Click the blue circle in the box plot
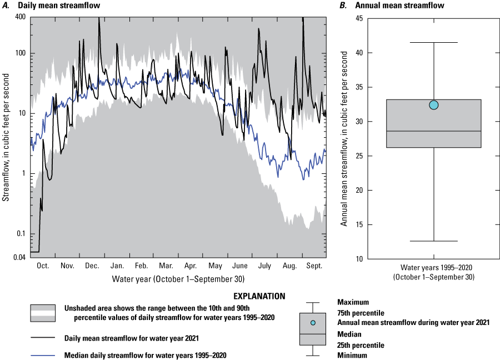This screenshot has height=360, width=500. (x=433, y=105)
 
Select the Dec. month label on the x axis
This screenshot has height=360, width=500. (x=92, y=266)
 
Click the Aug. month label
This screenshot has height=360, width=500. (x=289, y=266)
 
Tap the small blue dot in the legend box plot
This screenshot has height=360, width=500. (x=313, y=323)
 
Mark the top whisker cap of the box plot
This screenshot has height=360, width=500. (x=433, y=43)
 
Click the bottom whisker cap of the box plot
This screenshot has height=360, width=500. (x=433, y=241)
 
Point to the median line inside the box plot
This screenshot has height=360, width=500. (x=433, y=131)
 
